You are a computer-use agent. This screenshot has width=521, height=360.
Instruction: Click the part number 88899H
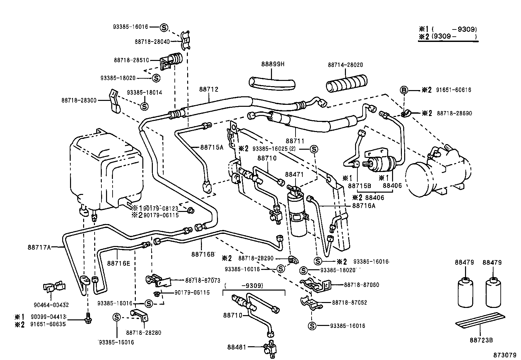[273, 65]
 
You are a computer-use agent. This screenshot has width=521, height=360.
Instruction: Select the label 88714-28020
[345, 65]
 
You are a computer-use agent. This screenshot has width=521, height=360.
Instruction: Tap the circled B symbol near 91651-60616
[404, 90]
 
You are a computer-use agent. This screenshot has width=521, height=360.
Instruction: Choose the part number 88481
[237, 347]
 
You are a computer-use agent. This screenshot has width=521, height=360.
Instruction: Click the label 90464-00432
[51, 305]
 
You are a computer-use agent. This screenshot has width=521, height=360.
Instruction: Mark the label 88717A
[39, 247]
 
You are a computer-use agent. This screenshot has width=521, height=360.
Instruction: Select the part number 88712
[208, 89]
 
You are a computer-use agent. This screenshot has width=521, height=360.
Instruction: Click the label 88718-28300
[79, 100]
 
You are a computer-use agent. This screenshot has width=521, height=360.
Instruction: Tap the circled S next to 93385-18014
[144, 106]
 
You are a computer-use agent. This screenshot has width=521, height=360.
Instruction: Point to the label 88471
[295, 175]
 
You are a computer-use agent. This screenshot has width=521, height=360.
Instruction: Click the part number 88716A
[364, 206]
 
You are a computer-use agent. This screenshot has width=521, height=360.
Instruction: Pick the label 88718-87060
[361, 285]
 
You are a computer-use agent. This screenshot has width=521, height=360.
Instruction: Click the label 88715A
[211, 147]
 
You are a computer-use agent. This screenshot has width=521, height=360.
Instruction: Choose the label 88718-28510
[131, 60]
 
